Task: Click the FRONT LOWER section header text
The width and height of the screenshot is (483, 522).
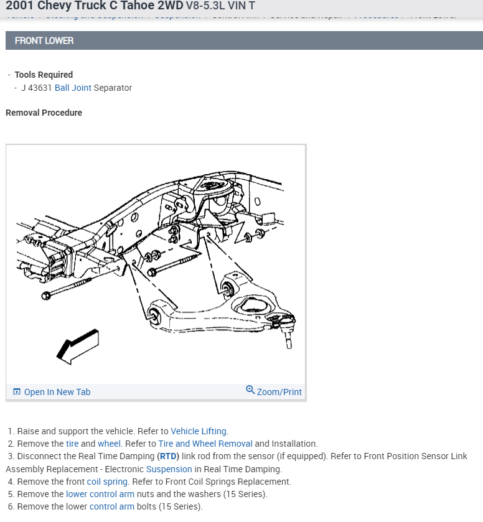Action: (x=44, y=40)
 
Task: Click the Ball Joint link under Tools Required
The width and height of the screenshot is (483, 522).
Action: (x=73, y=88)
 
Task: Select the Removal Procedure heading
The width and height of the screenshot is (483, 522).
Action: (x=44, y=113)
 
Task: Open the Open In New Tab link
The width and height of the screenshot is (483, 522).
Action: (x=57, y=392)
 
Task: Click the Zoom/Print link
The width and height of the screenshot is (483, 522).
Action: (x=279, y=392)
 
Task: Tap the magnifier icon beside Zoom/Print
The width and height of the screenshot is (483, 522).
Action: (x=250, y=390)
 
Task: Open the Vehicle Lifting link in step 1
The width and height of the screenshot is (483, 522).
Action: (x=199, y=431)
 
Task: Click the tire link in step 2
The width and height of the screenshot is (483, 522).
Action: (x=73, y=444)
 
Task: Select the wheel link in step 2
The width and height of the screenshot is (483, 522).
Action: (x=109, y=444)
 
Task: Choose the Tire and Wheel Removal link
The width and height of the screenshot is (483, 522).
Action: (x=205, y=444)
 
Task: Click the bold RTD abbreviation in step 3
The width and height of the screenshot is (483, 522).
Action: (x=168, y=456)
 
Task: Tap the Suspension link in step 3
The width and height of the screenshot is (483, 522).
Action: (x=169, y=469)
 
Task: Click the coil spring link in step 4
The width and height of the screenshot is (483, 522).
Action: (x=107, y=482)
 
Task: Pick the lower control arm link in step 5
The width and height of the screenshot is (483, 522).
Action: (x=100, y=494)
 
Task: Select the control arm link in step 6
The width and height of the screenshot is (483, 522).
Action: (x=112, y=506)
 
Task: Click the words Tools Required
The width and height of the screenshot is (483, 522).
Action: (x=44, y=75)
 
